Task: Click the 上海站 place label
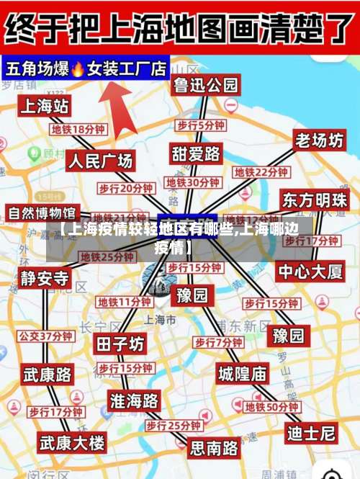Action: coord(45,107)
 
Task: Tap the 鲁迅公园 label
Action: coord(205,85)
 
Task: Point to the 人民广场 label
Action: coord(100,161)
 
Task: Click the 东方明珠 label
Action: coord(315,200)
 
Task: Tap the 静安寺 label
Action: coord(45,278)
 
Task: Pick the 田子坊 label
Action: coord(120,344)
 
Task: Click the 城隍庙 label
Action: coord(242,373)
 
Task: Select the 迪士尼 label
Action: coord(311,433)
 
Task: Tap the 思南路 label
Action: coord(214,448)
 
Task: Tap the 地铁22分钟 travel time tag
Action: coord(261,173)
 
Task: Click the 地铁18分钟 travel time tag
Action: coord(78,130)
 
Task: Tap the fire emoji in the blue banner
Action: coord(78,69)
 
